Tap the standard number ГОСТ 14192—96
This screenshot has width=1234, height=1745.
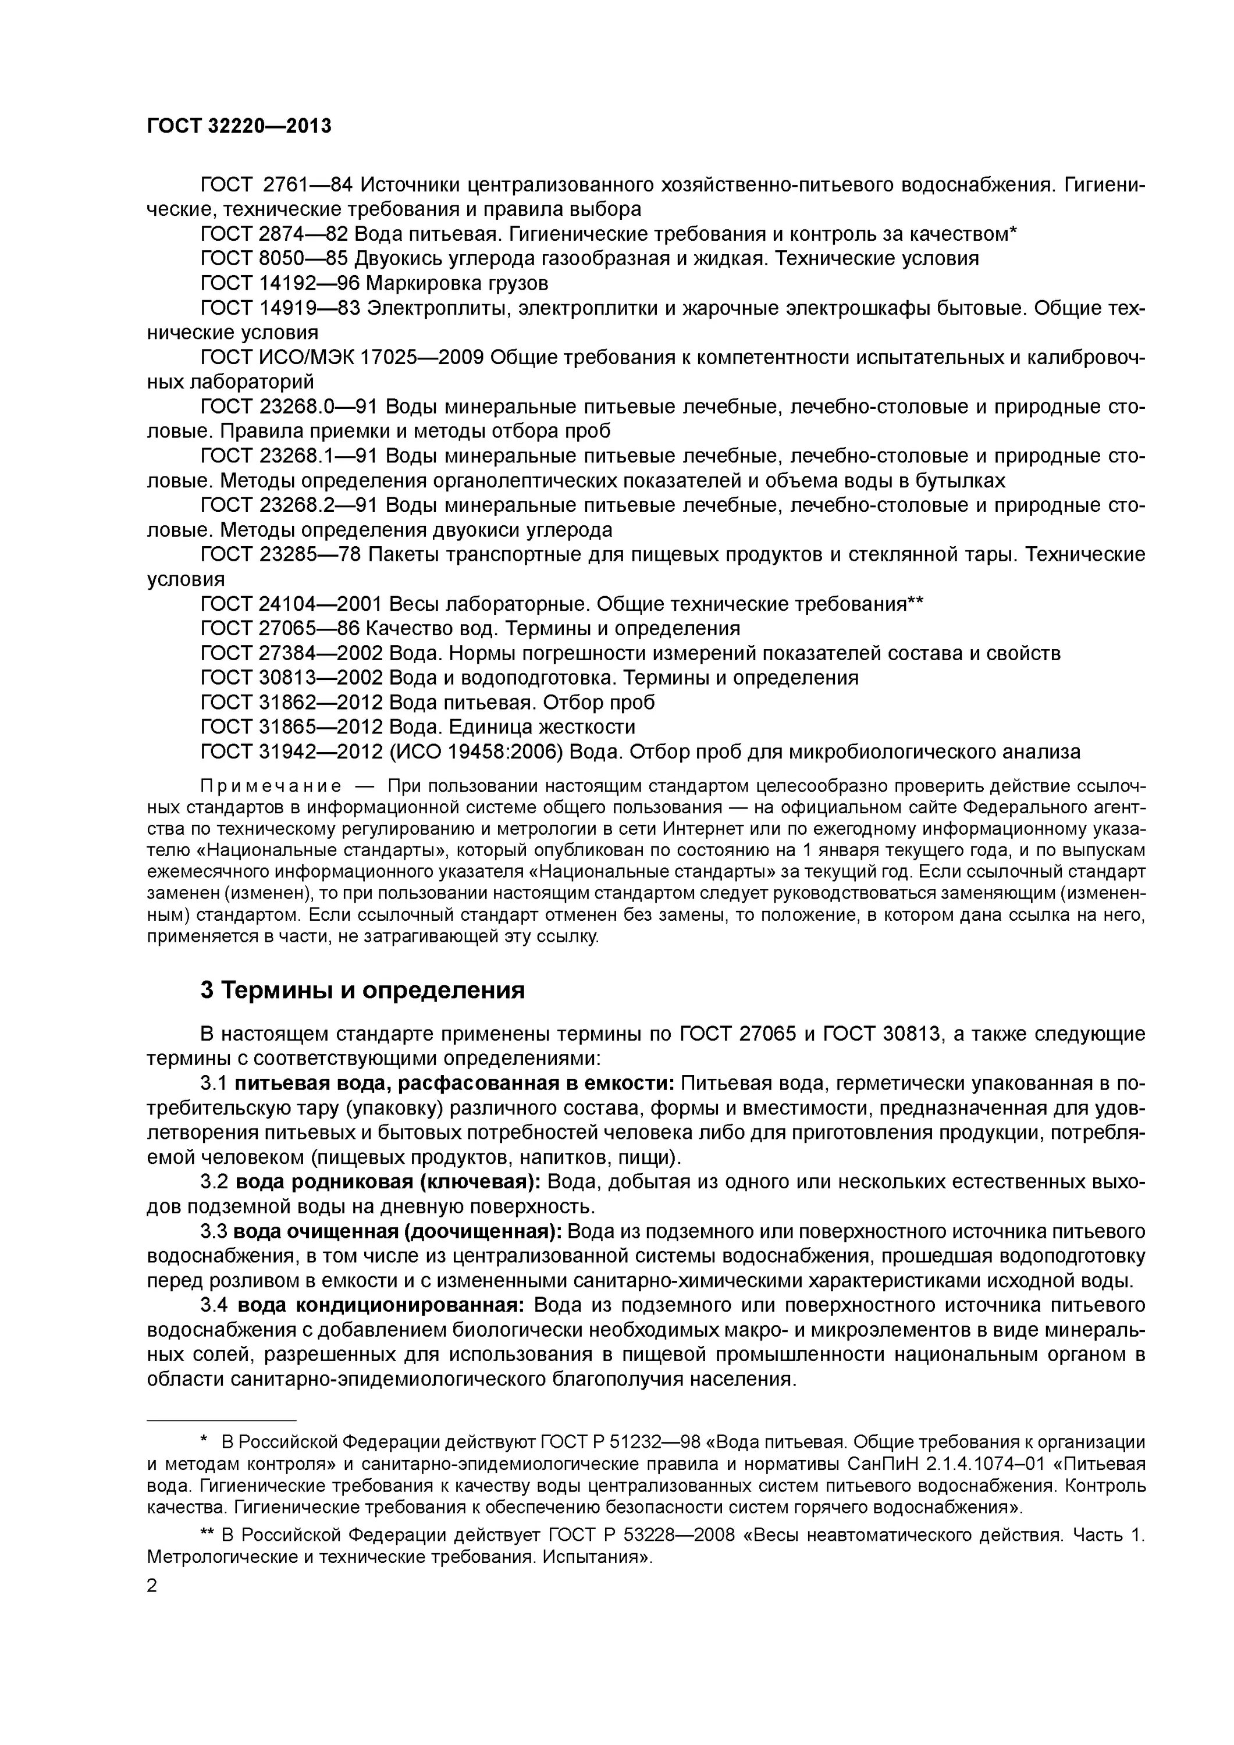tap(280, 283)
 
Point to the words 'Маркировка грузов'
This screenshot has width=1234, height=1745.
tap(457, 283)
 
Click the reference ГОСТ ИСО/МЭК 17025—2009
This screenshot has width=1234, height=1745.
tap(342, 357)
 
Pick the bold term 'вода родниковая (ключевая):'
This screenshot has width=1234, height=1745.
tap(387, 1182)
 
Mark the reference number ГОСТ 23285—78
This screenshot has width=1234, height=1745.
tap(280, 555)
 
